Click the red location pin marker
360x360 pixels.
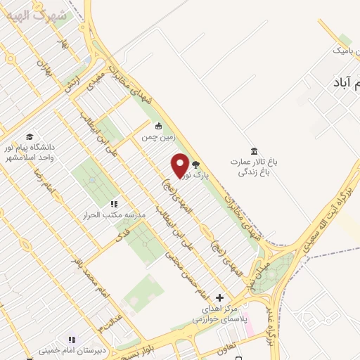click(181, 165)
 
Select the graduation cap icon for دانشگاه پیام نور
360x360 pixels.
click(30, 136)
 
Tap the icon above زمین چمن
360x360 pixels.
click(159, 127)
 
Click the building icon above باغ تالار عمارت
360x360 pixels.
click(254, 150)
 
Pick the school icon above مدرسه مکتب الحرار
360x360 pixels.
click(114, 204)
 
